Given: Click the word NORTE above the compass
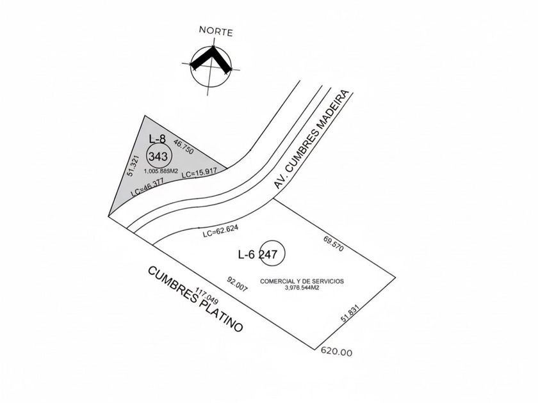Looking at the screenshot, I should (x=216, y=31).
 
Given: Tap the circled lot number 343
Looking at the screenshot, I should (x=158, y=156).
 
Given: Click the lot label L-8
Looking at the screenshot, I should (x=158, y=138).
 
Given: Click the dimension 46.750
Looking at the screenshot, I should (x=184, y=148).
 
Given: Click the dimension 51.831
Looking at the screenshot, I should (x=350, y=316).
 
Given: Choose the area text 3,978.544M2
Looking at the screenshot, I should (x=302, y=288).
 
